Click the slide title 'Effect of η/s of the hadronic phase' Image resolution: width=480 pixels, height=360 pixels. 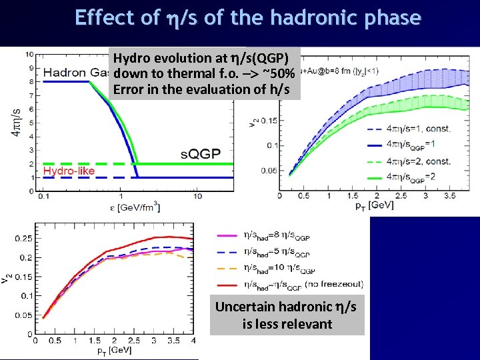click(x=248, y=17)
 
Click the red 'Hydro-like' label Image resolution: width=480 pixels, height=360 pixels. click(x=69, y=171)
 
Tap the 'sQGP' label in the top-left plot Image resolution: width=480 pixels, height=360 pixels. click(x=201, y=153)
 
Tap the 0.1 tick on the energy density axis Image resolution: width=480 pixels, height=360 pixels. click(x=45, y=197)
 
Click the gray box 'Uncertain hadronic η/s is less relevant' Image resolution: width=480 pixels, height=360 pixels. click(x=287, y=315)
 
